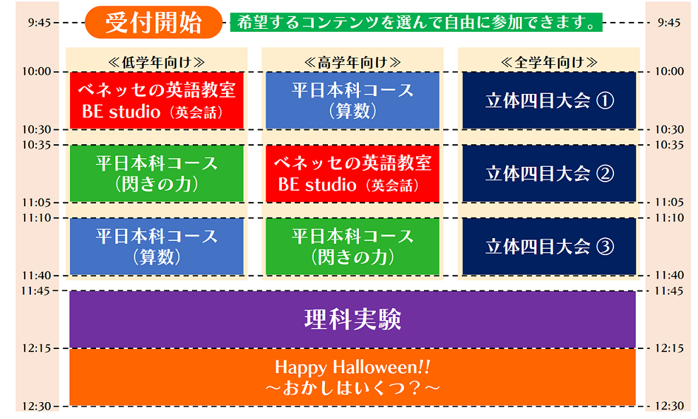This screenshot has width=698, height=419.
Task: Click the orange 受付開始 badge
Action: tap(153, 23)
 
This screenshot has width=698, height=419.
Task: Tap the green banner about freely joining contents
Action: tap(416, 23)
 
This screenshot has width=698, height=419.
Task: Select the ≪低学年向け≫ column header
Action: tap(156, 62)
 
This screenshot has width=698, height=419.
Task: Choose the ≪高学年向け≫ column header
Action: tap(353, 62)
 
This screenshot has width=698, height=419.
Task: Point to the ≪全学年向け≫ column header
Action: tap(549, 62)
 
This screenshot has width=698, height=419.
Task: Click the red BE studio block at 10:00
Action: tap(157, 100)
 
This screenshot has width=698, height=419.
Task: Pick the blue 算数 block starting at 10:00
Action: tap(353, 100)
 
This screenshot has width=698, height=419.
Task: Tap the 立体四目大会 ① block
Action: tap(550, 100)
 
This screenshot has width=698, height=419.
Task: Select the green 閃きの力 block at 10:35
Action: tap(157, 174)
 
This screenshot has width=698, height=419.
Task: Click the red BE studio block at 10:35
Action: tap(353, 174)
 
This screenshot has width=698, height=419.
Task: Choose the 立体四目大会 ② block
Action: tap(550, 174)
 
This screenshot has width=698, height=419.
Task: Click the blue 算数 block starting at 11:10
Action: tap(157, 247)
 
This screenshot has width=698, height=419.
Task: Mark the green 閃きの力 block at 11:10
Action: tap(353, 247)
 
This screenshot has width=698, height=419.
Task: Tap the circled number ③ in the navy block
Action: tap(605, 247)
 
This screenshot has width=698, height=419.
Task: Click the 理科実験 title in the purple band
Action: tap(353, 319)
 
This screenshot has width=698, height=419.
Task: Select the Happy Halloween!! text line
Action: tap(353, 367)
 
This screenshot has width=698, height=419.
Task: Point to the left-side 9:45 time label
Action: tap(39, 23)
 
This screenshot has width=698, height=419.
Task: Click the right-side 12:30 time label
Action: tap(669, 406)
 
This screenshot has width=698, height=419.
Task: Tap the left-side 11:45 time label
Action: tap(36, 291)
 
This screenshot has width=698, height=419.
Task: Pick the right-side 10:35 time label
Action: tap(669, 145)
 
